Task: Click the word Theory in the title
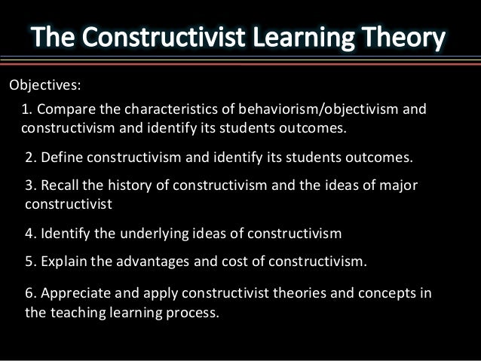point(403,38)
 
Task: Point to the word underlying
point(147,234)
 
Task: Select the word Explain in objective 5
point(63,262)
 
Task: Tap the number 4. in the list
point(30,234)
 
